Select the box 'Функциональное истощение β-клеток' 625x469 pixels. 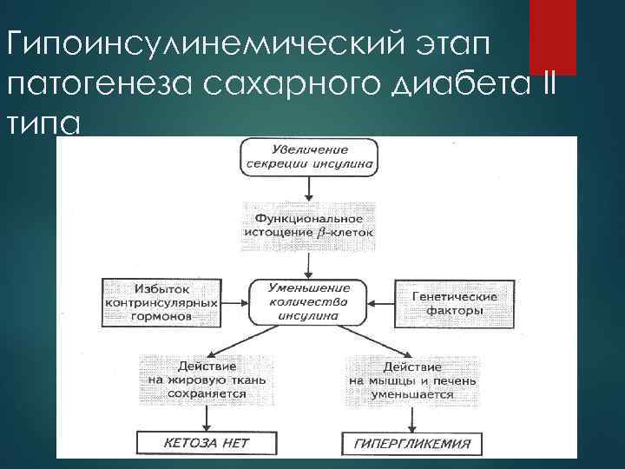pyautogui.click(x=310, y=225)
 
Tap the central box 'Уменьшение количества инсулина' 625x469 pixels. pyautogui.click(x=310, y=301)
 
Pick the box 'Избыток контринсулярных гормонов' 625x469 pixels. pyautogui.click(x=158, y=301)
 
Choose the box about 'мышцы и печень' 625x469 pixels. pyautogui.click(x=402, y=380)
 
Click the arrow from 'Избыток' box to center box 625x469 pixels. pyautogui.click(x=232, y=302)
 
